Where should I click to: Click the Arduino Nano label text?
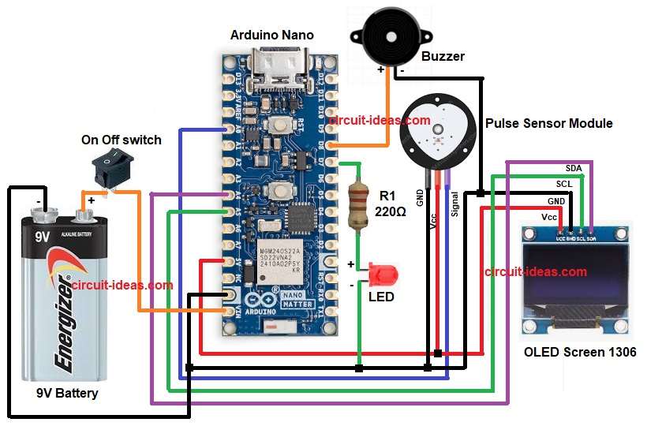pos(271,35)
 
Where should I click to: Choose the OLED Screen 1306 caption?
pos(580,352)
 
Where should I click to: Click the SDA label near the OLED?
pos(574,169)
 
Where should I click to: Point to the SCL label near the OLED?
pos(564,184)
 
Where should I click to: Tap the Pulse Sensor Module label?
pos(549,124)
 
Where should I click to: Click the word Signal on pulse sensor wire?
pos(455,204)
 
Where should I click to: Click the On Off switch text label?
pos(122,140)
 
